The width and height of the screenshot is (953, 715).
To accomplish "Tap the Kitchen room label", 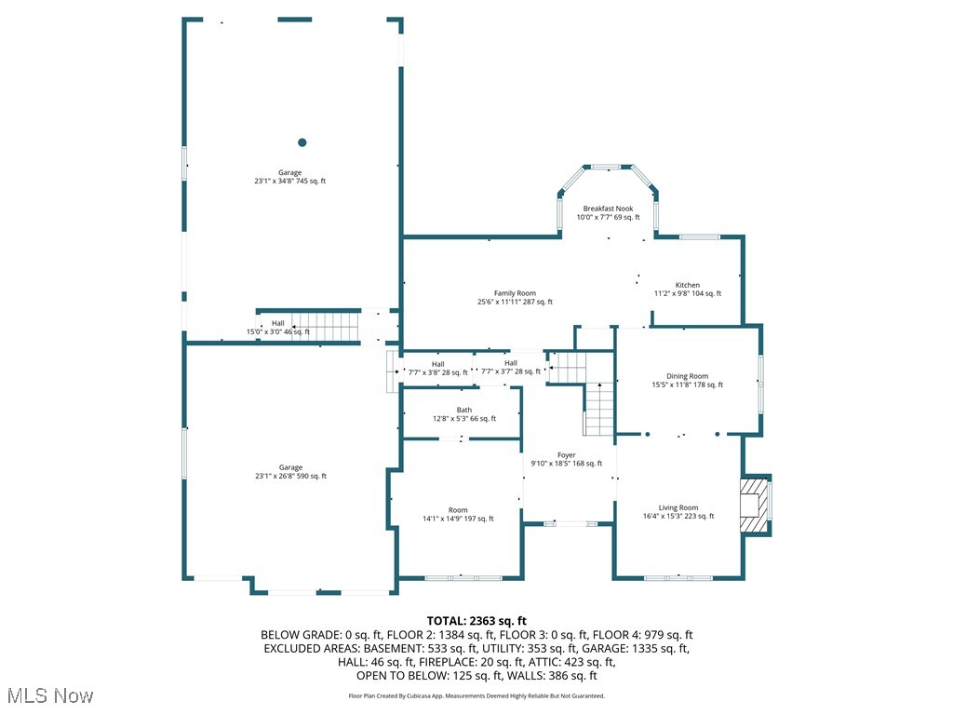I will coord(687,289).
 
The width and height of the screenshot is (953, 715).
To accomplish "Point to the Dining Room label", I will coord(687,380).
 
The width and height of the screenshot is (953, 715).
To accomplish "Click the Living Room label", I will coord(678,511).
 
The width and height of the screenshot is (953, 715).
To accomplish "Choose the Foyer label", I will coord(566,459).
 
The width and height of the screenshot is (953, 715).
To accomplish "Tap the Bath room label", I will coord(463,414).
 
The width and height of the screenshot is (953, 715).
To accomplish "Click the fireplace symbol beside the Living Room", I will coord(755,506).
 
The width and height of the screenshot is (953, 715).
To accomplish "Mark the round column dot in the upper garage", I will coord(302,142).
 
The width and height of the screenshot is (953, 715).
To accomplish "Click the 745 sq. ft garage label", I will coord(289,177).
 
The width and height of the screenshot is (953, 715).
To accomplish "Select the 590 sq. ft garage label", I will coord(290,471).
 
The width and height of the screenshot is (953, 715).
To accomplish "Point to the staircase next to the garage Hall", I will coord(326,327).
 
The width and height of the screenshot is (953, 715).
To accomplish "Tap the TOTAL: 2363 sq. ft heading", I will coord(476,621).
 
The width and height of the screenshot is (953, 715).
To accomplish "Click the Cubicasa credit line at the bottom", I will coord(476,695).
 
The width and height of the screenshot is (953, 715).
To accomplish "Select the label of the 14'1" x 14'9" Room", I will coord(458,514).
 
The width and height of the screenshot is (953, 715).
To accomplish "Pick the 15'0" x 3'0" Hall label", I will coord(277,327).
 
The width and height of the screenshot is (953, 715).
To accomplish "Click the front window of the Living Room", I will coord(678,578).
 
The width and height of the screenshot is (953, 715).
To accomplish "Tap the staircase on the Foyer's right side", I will coord(599,409).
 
